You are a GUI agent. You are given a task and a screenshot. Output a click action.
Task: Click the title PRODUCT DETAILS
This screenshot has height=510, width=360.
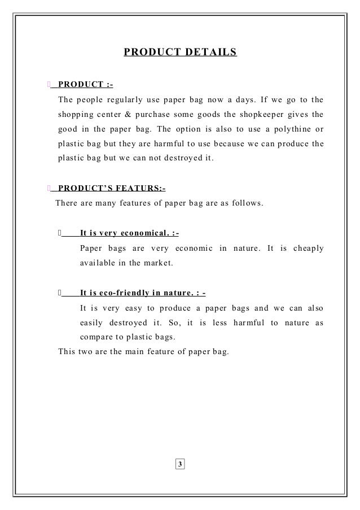[180, 53]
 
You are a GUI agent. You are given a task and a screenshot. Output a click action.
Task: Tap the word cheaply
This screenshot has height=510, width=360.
[309, 248]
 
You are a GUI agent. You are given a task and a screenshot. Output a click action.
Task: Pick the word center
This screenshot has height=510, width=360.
[108, 115]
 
